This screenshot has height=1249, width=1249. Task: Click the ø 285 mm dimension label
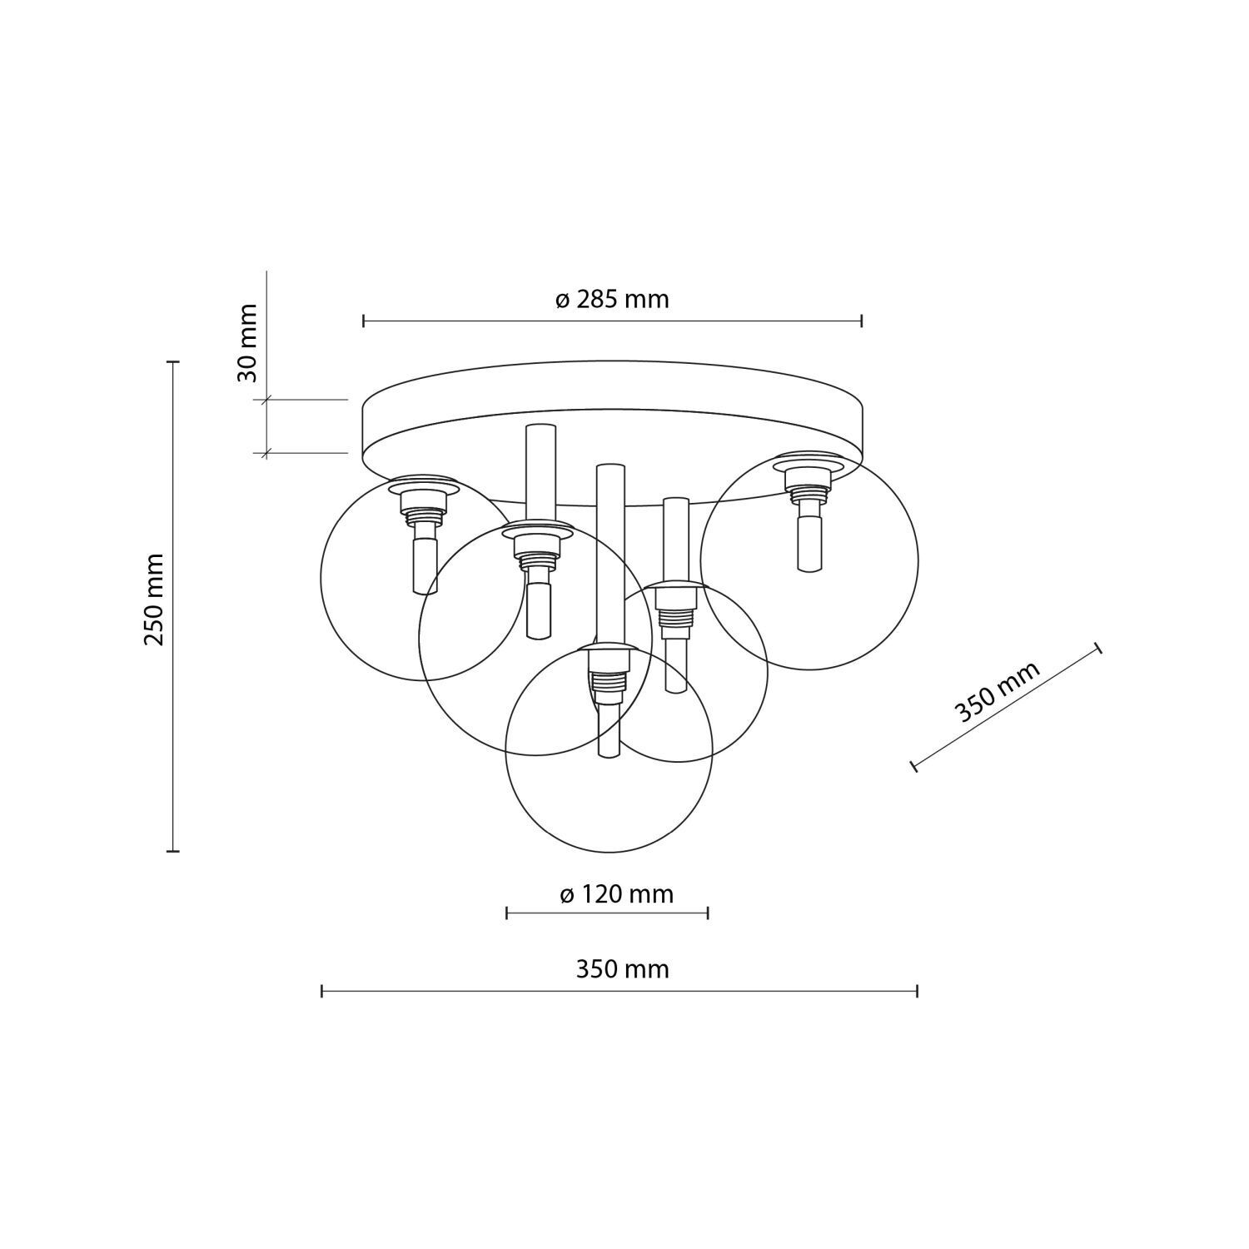coord(612,299)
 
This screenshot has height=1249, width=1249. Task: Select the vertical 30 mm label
coord(247,342)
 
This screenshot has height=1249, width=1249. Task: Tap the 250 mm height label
coord(154,600)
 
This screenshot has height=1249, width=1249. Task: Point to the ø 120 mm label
coord(616,894)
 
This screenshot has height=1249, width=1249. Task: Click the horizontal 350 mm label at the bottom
coord(622,969)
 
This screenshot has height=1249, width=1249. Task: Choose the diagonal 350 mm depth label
coord(997,693)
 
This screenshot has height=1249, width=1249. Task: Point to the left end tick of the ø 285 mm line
coord(364,321)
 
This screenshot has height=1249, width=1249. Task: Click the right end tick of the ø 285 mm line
coord(861,321)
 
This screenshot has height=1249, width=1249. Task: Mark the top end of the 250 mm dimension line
coord(173,362)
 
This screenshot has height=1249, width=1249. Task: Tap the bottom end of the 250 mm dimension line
coord(173,851)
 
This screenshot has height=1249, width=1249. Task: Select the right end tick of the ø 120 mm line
coord(707,913)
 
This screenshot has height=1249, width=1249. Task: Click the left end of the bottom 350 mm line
coord(322,991)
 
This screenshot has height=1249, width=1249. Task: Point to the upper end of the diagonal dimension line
coord(1098,649)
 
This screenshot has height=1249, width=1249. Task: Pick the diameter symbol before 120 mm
coord(566,895)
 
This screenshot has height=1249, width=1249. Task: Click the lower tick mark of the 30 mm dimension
coord(266,453)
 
